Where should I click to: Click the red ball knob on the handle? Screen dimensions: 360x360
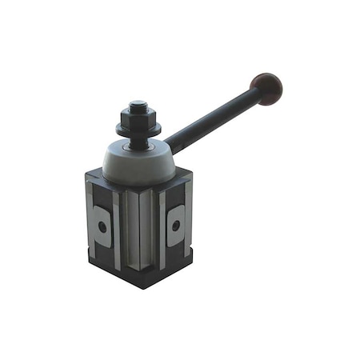(x=266, y=85)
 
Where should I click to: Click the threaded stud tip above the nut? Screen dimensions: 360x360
(x=138, y=103)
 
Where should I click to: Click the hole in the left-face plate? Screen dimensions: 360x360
(x=102, y=226)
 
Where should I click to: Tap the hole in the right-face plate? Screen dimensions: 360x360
(x=175, y=226)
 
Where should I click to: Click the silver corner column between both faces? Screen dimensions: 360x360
(x=139, y=228)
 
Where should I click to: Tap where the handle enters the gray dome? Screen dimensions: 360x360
(x=169, y=150)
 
